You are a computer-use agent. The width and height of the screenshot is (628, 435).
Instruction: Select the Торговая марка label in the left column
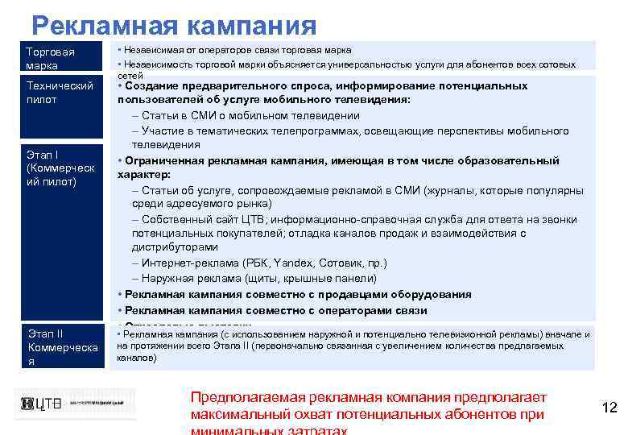(x=49, y=58)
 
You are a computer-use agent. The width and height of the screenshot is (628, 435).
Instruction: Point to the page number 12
(x=609, y=408)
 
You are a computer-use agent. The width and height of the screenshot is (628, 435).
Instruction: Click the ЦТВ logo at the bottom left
(x=40, y=404)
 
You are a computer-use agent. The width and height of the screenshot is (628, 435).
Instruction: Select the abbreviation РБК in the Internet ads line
(x=255, y=263)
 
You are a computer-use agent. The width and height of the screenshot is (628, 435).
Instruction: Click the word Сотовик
(x=340, y=263)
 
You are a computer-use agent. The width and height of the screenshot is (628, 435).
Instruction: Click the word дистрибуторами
(x=175, y=247)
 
